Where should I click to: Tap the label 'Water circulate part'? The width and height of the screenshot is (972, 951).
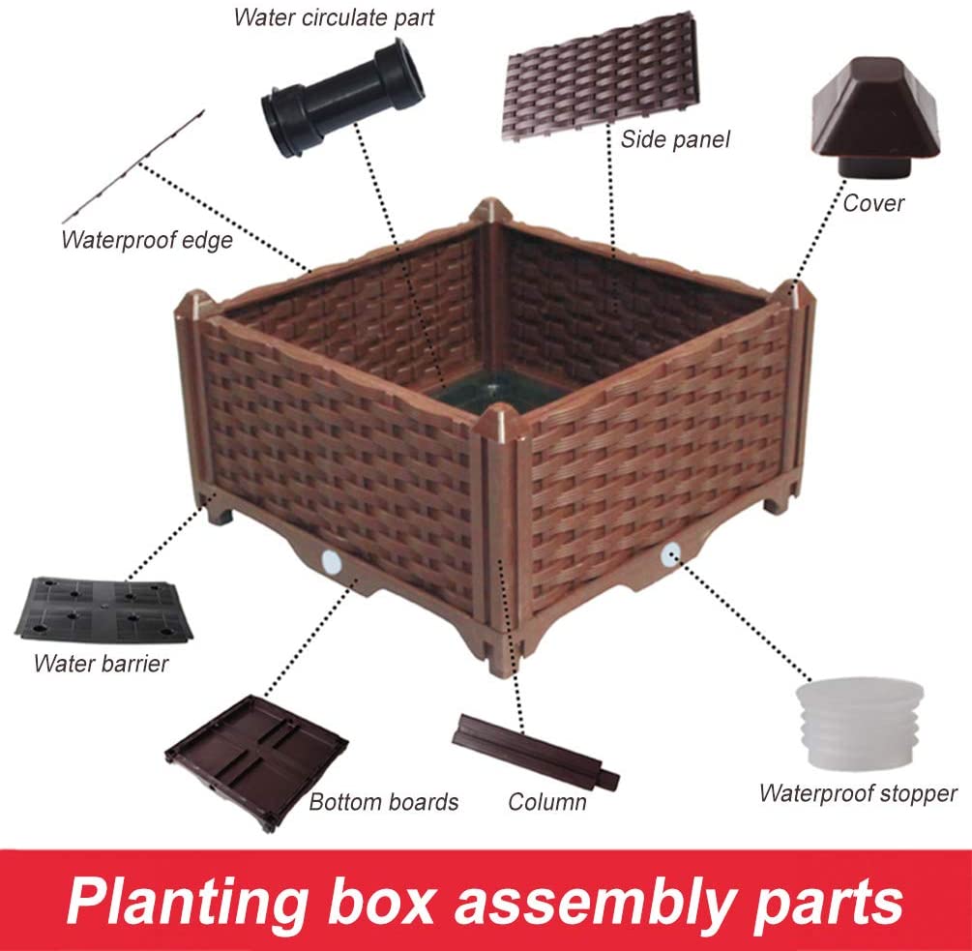(334, 17)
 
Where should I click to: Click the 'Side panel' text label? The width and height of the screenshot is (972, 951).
(675, 139)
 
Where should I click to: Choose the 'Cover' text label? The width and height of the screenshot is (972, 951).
(873, 203)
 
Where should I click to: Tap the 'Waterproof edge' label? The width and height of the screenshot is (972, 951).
(147, 240)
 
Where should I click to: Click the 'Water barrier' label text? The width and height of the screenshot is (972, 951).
(101, 664)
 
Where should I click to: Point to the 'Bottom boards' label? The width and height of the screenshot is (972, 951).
(384, 802)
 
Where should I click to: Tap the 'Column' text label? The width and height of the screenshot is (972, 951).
(547, 802)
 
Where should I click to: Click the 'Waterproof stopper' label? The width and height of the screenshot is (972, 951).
(858, 794)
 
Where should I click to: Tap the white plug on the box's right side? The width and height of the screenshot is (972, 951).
(669, 553)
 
